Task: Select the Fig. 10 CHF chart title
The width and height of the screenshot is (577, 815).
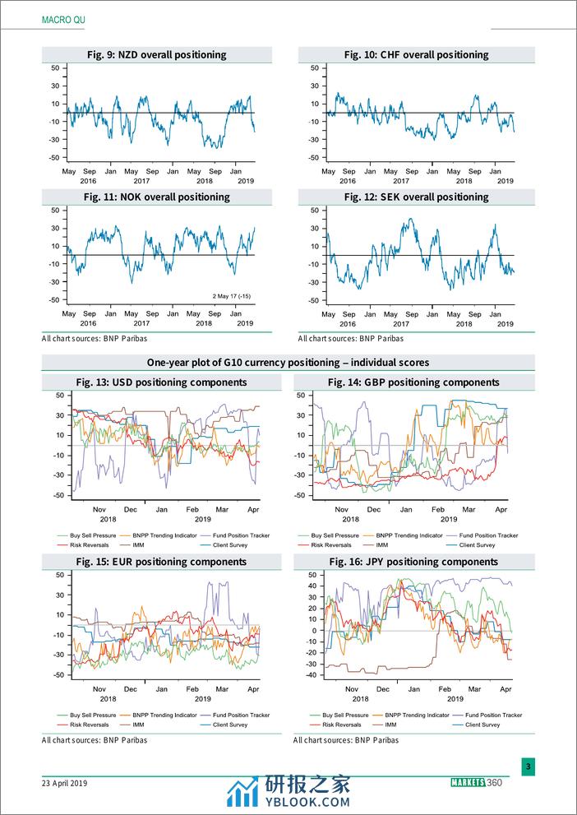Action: pos(416,55)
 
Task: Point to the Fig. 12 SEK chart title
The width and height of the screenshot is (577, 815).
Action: pos(416,197)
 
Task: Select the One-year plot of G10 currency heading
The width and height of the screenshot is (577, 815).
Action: pos(288,363)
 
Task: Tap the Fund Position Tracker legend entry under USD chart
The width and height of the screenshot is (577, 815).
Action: pos(238,535)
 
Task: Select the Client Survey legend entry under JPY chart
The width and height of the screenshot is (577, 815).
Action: pos(482,725)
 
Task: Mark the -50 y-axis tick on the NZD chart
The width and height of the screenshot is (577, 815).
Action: pos(53,158)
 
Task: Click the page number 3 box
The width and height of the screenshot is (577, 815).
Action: pos(529,767)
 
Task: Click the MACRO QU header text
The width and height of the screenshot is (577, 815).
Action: pos(62,18)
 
